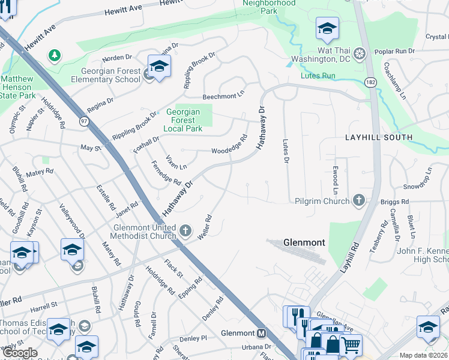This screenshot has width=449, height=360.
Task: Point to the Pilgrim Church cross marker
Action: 359,200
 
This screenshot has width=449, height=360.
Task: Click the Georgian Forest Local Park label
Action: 184,120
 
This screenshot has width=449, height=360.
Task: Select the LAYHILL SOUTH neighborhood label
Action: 378,137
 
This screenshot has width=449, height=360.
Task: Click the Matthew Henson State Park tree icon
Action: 55,56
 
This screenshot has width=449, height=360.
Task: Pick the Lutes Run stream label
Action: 319,76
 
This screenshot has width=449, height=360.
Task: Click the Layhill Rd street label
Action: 349,258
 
